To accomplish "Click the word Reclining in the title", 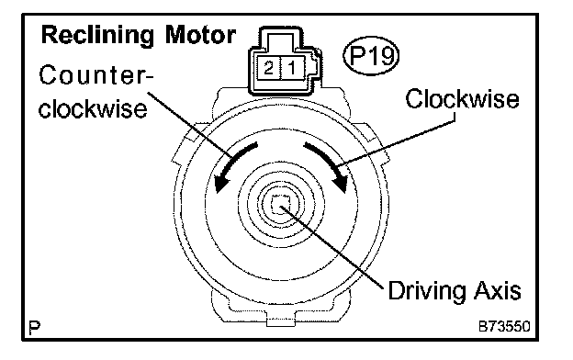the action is (x=97, y=36).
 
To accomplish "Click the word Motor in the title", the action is (x=200, y=35).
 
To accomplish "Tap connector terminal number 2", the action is (x=268, y=68).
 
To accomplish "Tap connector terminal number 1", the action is (x=292, y=68).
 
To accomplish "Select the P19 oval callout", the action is (x=371, y=56).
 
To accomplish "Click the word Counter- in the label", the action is (x=96, y=75).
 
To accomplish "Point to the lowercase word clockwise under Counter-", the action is (x=93, y=108).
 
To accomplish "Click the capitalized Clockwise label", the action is (x=462, y=98).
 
